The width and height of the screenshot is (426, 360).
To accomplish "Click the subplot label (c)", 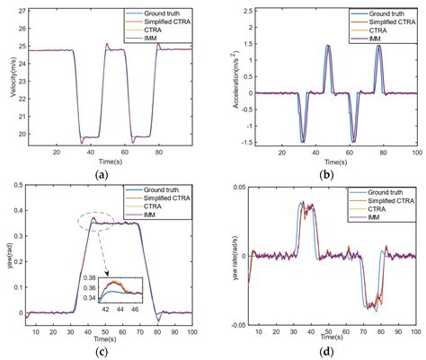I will (106, 351).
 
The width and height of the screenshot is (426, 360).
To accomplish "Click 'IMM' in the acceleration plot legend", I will (370, 36).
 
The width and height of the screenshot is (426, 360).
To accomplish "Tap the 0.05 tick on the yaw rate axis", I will (235, 185).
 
